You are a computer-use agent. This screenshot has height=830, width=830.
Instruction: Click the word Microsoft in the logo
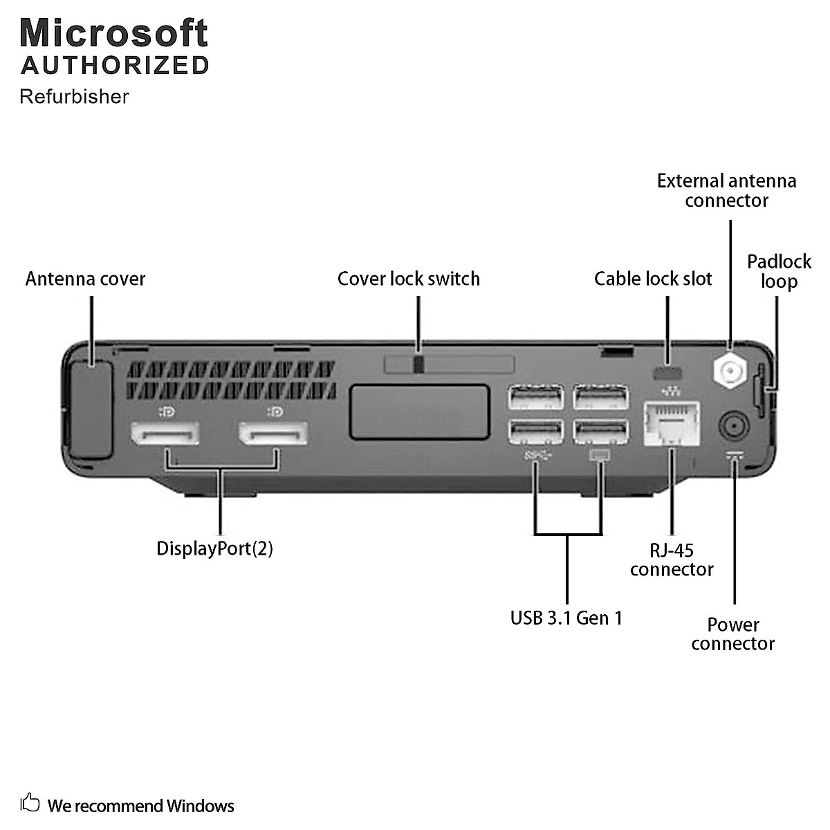[x=114, y=33]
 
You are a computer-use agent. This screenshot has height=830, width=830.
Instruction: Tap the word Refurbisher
[x=74, y=96]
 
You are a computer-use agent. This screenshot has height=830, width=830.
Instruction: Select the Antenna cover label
[x=85, y=279]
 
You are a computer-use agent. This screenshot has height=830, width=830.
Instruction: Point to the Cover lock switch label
[x=408, y=279]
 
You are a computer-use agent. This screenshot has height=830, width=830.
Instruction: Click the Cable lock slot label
[x=653, y=279]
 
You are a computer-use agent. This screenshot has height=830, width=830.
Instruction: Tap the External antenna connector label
[x=726, y=191]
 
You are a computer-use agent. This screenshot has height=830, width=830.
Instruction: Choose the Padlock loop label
[x=779, y=271]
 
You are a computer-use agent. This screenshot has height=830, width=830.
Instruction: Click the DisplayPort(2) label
[x=214, y=548]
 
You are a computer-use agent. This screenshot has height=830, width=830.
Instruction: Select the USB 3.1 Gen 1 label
[x=566, y=618]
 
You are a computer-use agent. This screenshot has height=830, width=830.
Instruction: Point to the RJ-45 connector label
[x=671, y=560]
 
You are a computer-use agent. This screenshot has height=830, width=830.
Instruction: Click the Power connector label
[x=732, y=634]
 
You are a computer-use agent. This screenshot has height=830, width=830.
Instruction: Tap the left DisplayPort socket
[x=165, y=434]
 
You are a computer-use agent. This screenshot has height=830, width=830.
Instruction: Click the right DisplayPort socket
[x=273, y=434]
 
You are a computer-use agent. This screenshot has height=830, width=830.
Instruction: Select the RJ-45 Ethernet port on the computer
[x=671, y=423]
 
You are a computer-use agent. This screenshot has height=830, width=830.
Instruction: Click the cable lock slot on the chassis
[x=667, y=373]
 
